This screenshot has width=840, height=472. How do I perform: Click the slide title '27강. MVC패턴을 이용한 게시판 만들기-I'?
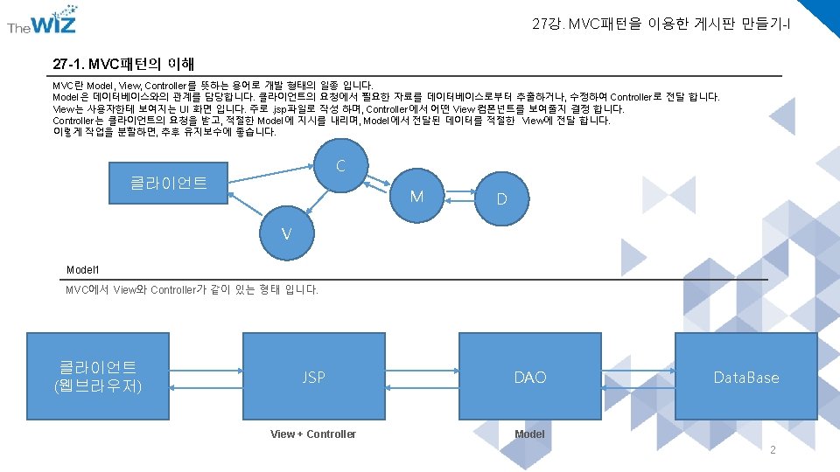661,24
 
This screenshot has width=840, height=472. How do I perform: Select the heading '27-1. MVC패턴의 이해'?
123,64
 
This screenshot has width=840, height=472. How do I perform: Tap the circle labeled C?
339,166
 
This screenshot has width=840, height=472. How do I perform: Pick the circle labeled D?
501,199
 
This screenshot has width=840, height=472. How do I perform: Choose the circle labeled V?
286,234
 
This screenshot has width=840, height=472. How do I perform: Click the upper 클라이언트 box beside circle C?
168,183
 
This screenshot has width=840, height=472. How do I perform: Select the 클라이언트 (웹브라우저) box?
98,377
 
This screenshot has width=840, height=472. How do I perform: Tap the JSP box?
313,377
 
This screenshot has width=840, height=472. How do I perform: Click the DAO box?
529,377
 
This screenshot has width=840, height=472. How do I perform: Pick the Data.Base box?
745,377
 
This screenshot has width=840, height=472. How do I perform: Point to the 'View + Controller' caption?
313,434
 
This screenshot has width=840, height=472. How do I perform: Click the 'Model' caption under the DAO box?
529,434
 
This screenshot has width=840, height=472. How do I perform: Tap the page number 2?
772,450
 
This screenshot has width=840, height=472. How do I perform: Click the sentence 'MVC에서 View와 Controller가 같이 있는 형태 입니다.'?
192,290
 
